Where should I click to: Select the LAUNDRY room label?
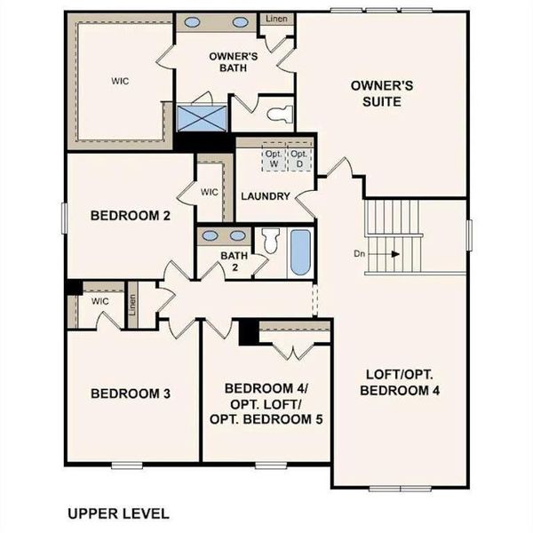(266, 196)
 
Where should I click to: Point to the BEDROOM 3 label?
(131, 394)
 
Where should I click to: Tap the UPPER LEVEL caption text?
(118, 513)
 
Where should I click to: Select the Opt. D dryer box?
(301, 158)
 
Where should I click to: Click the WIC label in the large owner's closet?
(120, 80)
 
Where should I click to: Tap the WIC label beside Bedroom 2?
(210, 192)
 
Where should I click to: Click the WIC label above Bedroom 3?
(99, 300)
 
